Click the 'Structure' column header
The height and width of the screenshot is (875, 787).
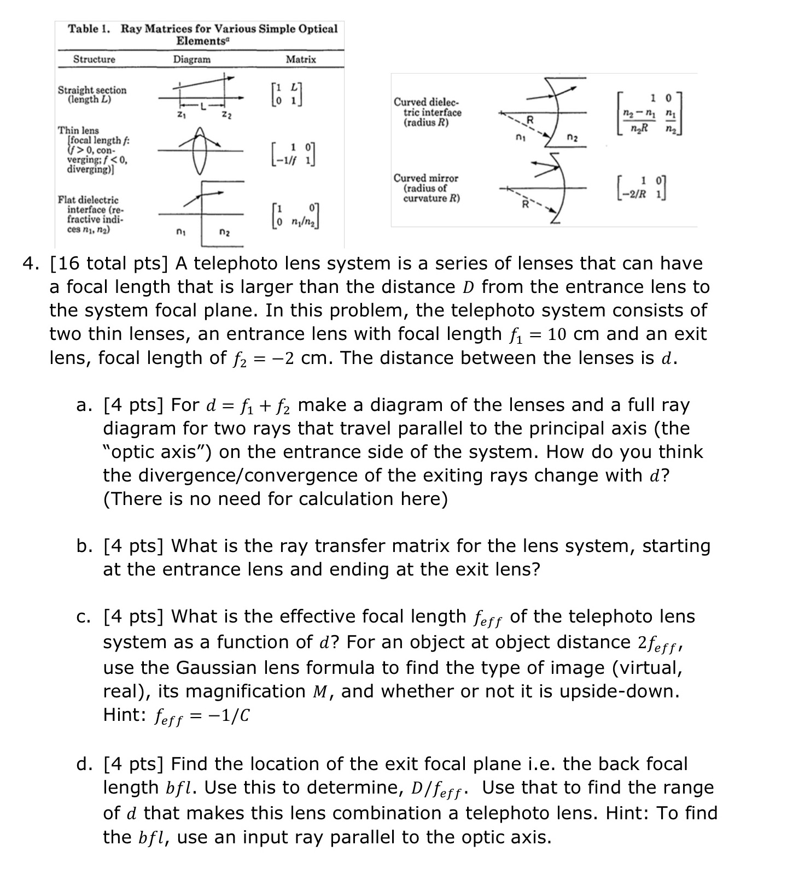coord(94,59)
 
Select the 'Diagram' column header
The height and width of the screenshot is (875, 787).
coord(191,59)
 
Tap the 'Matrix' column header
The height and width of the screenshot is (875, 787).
coord(301,59)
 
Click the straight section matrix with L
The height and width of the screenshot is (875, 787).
coord(288,95)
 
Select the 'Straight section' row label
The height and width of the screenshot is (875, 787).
coord(92,95)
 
